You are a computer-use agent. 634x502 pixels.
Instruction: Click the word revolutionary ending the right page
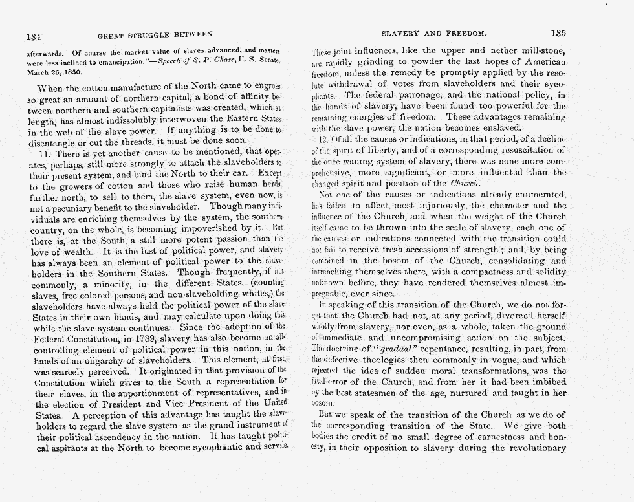coord(534,448)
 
